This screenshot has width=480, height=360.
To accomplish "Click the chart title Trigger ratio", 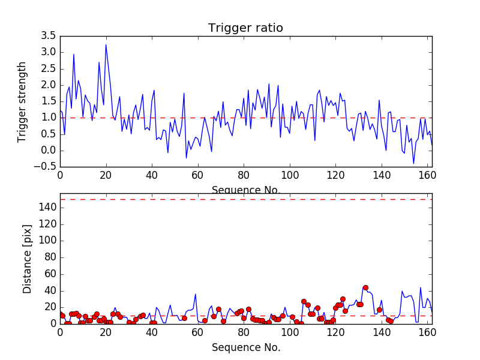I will point(245,28).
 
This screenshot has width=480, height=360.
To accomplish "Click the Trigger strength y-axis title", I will point(22,101).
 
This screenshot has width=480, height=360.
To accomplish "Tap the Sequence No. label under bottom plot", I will point(245,347).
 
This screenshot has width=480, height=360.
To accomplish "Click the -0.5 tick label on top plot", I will point(47,167).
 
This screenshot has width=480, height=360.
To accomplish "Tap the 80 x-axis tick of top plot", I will point(244,176).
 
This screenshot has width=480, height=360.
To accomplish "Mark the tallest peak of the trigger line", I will point(106,44).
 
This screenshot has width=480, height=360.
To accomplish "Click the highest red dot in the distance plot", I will point(365,287).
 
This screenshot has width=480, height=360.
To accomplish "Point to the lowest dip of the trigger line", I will point(413,163).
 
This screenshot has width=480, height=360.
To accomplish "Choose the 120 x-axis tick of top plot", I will point(335,176).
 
